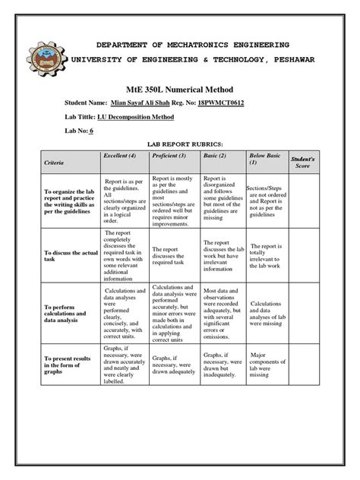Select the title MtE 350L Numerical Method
[x=179, y=88]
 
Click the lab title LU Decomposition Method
[x=135, y=118]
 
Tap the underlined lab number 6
[x=91, y=131]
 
